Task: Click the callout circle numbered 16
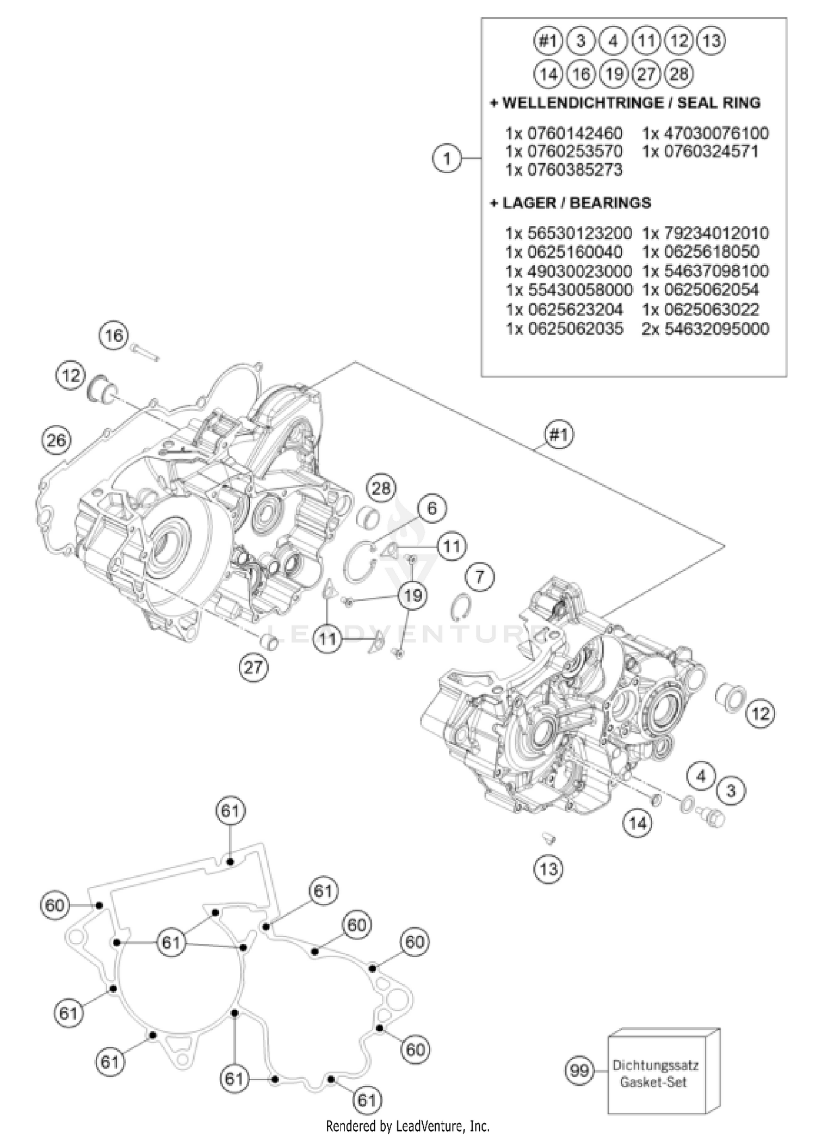pyautogui.click(x=114, y=336)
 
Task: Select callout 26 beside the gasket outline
pyautogui.click(x=56, y=440)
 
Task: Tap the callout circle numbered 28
pyautogui.click(x=381, y=488)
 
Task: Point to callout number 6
pyautogui.click(x=432, y=508)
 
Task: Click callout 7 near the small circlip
pyautogui.click(x=479, y=576)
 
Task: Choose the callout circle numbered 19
pyautogui.click(x=413, y=595)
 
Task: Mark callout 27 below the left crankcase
pyautogui.click(x=254, y=666)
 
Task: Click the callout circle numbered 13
pyautogui.click(x=548, y=869)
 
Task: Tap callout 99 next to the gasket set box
pyautogui.click(x=579, y=1071)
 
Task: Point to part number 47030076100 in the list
pyautogui.click(x=706, y=133)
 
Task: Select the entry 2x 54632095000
pyautogui.click(x=706, y=329)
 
